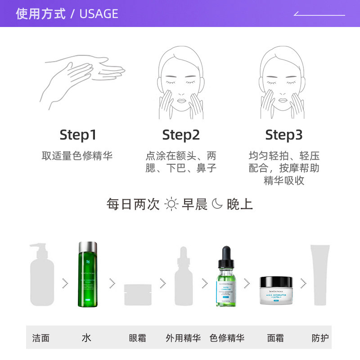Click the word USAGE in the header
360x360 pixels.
(99, 13)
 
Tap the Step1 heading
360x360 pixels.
(78, 135)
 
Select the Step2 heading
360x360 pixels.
(181, 135)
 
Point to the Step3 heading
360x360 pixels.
(283, 135)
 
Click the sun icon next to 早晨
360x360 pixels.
(171, 204)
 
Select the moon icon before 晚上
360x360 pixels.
(217, 204)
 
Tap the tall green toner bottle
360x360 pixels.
(88, 274)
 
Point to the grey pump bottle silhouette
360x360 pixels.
(42, 275)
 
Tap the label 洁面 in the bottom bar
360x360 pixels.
(41, 338)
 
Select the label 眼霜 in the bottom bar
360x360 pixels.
(137, 338)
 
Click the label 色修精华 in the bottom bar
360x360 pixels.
(227, 338)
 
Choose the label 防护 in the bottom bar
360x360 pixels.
(320, 338)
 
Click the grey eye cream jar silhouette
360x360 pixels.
(138, 295)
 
